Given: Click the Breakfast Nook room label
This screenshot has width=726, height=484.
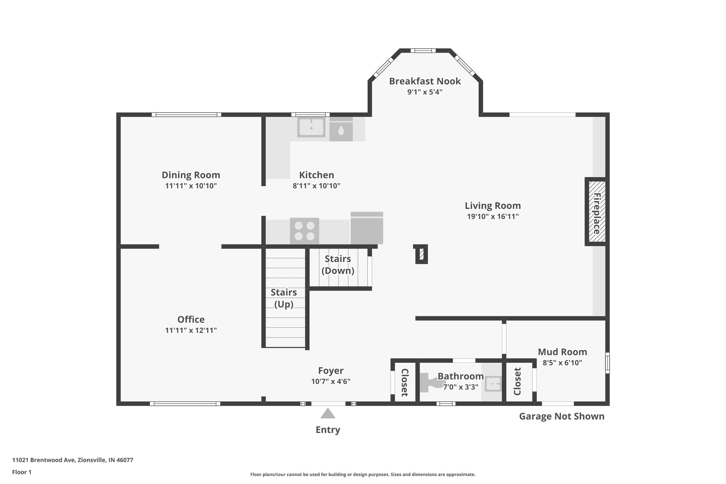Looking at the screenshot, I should (x=425, y=81).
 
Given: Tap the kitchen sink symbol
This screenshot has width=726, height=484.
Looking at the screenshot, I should (x=311, y=127).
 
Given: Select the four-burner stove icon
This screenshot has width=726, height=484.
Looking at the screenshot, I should (x=305, y=231).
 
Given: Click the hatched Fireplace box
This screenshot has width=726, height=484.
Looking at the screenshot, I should (x=596, y=212).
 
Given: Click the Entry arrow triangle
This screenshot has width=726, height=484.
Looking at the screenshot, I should (x=328, y=413).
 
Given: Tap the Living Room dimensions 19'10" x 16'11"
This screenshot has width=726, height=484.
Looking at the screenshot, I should (x=493, y=217).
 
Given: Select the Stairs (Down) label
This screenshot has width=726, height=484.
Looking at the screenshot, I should (x=338, y=265).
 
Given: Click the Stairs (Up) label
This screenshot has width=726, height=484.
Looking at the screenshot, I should (x=284, y=298).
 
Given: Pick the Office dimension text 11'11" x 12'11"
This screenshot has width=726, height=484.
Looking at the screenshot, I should (x=191, y=330).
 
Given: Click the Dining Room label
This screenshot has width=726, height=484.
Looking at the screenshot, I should (x=191, y=175).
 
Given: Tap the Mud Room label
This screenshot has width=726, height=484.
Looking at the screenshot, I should (x=562, y=352).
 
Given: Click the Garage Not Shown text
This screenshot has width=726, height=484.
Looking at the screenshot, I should (x=562, y=416).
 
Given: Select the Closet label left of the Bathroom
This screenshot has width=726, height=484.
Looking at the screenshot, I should (x=404, y=382).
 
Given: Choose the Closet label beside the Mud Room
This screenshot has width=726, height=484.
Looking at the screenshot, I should (x=517, y=382).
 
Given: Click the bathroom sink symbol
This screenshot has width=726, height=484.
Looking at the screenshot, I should (x=493, y=384).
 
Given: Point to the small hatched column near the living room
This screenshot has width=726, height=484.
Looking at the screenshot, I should (x=421, y=254).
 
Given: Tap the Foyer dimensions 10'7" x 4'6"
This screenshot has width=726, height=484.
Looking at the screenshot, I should (x=331, y=382).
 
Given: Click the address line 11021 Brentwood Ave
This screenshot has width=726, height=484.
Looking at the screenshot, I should (x=73, y=460).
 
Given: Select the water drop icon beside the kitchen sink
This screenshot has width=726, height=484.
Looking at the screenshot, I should (x=341, y=131).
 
